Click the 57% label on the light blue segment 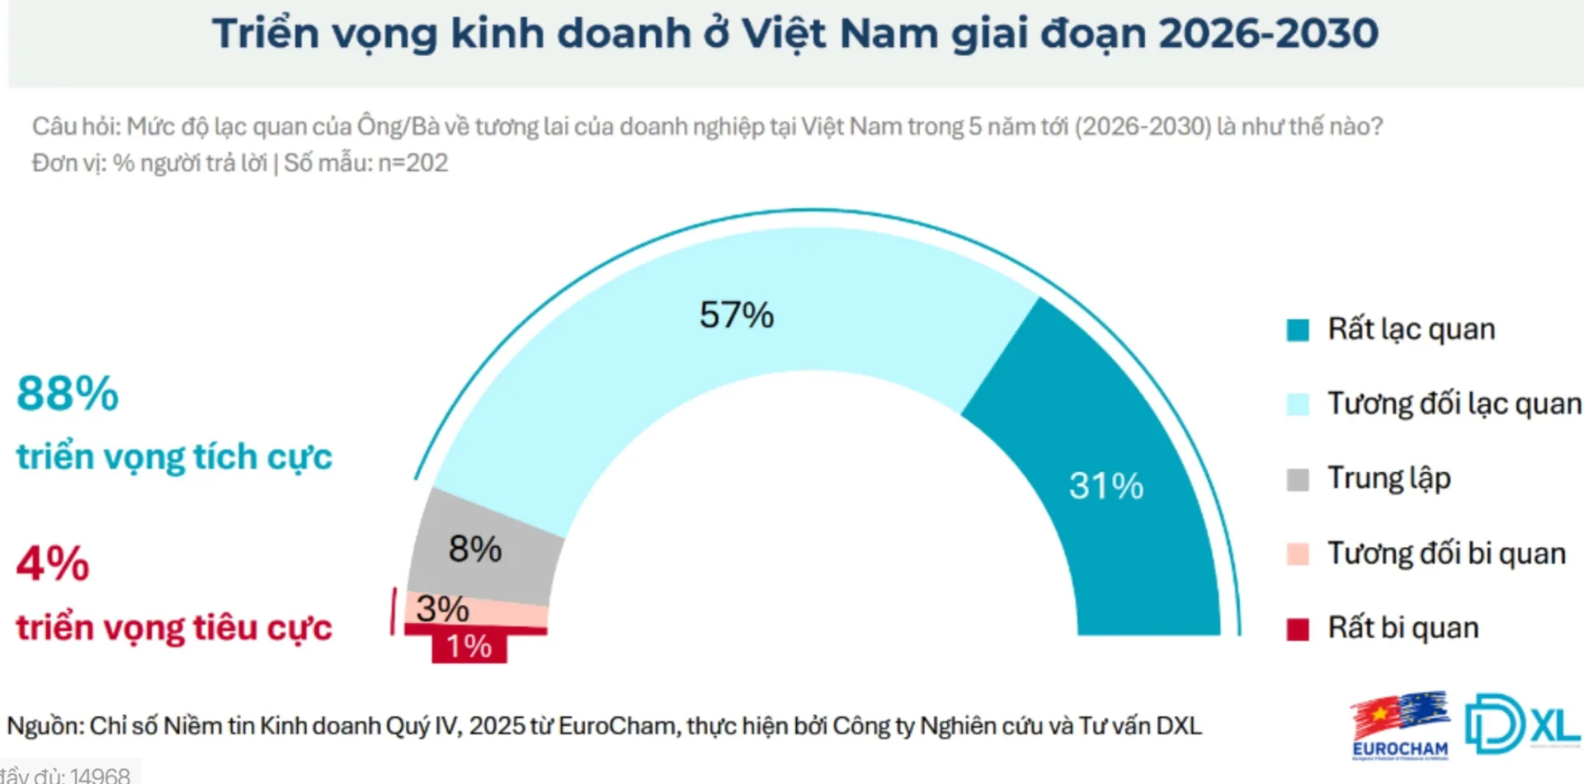(736, 314)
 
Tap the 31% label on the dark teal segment (1105, 485)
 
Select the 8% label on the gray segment (474, 549)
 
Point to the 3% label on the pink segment (442, 609)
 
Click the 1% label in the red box (469, 646)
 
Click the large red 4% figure (53, 564)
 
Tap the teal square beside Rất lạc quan (1298, 330)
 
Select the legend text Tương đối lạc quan (1454, 404)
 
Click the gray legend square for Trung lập (1298, 479)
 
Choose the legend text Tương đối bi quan (1445, 553)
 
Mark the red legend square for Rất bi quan (1298, 629)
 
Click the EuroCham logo (1399, 725)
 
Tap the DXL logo (1521, 723)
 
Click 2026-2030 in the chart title (1267, 34)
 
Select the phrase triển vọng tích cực (174, 456)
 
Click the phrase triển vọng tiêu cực (174, 627)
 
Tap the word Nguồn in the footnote (45, 726)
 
